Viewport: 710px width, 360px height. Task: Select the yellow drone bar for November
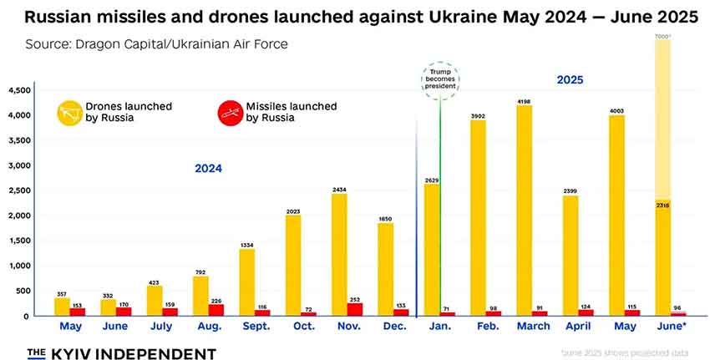tap(339, 255)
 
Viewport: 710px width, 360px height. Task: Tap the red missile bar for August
tap(216, 310)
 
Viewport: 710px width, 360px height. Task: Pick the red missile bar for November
tap(353, 309)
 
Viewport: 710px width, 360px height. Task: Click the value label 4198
tap(525, 100)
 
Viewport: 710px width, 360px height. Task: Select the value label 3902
tap(478, 115)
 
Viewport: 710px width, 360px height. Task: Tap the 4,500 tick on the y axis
tap(19, 90)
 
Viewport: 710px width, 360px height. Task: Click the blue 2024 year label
tap(208, 169)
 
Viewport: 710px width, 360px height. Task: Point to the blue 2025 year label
tap(571, 80)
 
